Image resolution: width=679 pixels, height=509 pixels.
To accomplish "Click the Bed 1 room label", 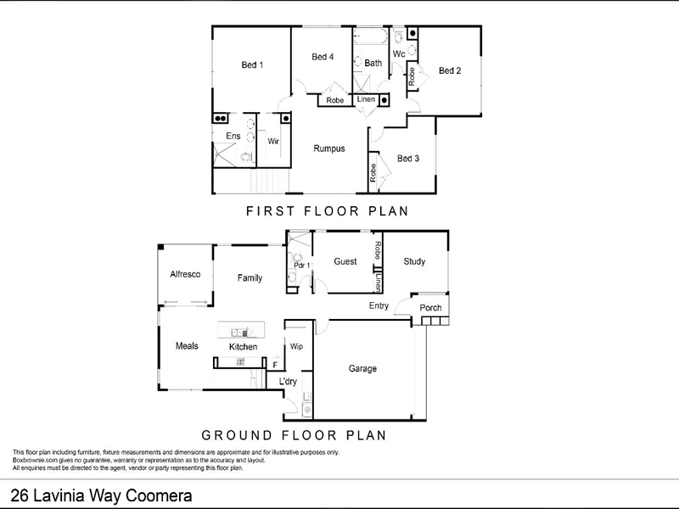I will click(x=252, y=65).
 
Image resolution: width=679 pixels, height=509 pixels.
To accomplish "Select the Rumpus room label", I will click(x=329, y=148).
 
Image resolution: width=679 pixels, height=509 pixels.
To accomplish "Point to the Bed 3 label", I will click(x=408, y=158).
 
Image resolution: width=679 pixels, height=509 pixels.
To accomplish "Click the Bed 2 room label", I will click(x=450, y=70).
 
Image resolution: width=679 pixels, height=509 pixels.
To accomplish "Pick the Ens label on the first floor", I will click(x=233, y=136).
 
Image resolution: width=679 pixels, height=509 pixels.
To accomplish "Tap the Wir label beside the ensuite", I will click(x=273, y=142).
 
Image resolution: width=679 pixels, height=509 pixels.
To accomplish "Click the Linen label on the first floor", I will click(x=366, y=100).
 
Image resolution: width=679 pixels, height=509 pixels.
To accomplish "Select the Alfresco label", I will click(x=184, y=274).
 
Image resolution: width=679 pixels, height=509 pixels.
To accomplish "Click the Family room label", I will click(x=250, y=278).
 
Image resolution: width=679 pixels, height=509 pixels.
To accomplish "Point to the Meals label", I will click(x=187, y=346).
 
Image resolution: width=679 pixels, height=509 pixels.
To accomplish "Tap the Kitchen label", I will click(x=243, y=347).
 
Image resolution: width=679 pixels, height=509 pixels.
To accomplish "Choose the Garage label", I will click(x=362, y=368).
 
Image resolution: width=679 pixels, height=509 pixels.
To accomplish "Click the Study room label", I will click(x=414, y=261).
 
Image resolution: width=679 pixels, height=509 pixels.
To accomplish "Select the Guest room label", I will click(x=345, y=262).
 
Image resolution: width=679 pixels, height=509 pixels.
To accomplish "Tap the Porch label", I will click(x=431, y=307).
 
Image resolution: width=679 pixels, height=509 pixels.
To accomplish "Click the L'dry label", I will click(x=288, y=382).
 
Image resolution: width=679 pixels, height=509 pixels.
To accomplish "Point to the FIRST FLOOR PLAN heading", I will click(x=328, y=211).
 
